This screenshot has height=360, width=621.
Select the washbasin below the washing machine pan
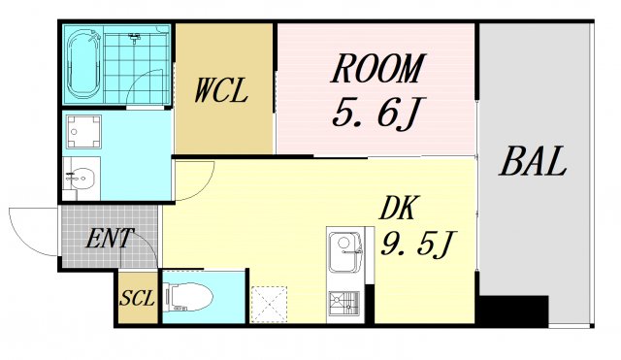[82, 178]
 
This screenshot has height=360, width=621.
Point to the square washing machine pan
[84, 129]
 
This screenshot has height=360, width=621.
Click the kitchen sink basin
[343, 254]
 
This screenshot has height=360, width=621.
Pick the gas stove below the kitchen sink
[343, 304]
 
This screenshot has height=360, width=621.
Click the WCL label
[221, 92]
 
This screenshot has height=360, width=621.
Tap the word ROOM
[377, 69]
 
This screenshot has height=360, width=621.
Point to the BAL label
[533, 162]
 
